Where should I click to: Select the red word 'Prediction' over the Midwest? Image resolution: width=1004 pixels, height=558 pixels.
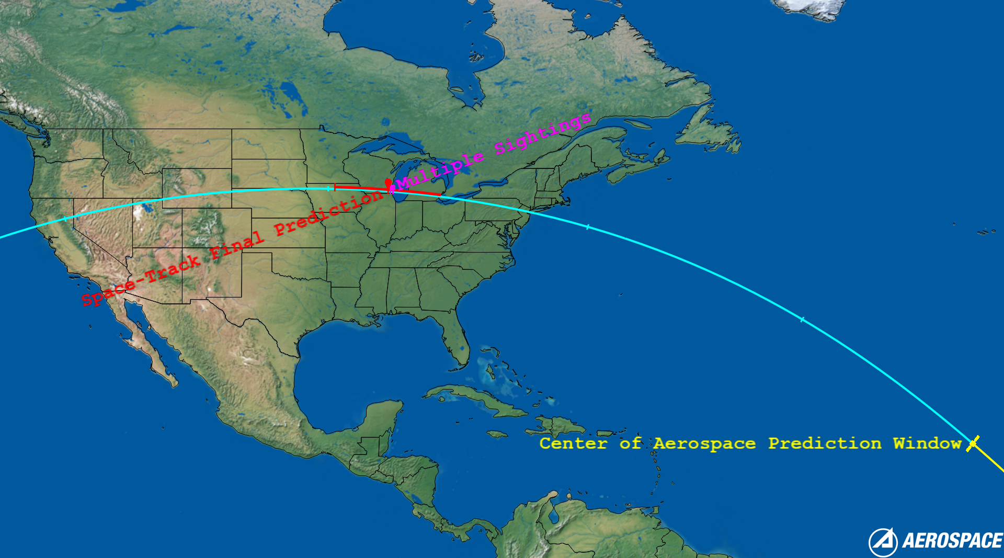pyautogui.click(x=329, y=213)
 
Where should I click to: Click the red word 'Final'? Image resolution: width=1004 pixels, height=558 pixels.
pyautogui.click(x=236, y=245)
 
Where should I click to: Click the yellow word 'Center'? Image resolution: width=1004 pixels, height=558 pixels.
pyautogui.click(x=573, y=443)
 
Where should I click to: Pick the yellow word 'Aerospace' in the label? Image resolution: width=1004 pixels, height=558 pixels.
pyautogui.click(x=704, y=443)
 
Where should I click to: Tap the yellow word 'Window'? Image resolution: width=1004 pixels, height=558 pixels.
pyautogui.click(x=927, y=443)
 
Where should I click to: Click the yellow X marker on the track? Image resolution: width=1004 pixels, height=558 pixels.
pyautogui.click(x=973, y=443)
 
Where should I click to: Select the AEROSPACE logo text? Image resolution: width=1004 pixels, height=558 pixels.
pyautogui.click(x=952, y=541)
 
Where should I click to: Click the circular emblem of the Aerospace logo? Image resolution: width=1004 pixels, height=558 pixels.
pyautogui.click(x=883, y=542)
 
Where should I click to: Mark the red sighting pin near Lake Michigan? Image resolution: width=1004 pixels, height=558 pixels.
pyautogui.click(x=388, y=183)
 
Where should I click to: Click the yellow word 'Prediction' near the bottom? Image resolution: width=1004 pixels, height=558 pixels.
pyautogui.click(x=825, y=443)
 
